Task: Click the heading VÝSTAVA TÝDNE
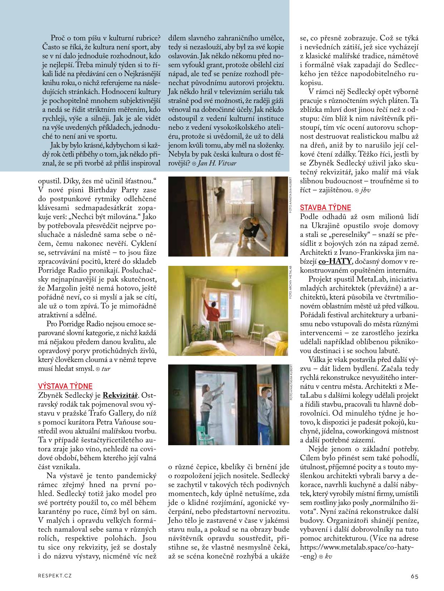tap(65, 386)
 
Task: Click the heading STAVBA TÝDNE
tap(325, 207)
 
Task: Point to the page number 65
tap(414, 576)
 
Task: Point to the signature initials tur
tap(106, 369)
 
